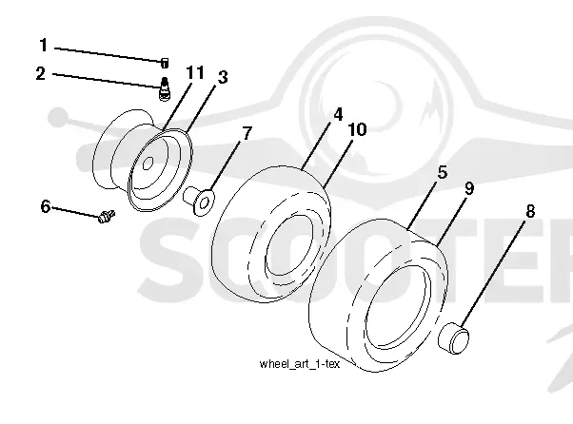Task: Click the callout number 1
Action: [44, 46]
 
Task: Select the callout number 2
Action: [41, 73]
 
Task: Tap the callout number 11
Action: [195, 72]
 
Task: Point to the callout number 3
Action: [223, 77]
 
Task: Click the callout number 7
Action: [247, 133]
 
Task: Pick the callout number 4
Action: [338, 114]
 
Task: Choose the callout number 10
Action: [357, 129]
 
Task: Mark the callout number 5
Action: [443, 172]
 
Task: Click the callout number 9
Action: [469, 188]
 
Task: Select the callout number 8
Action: [530, 211]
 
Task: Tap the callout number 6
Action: [46, 206]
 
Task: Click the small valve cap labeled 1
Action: [165, 63]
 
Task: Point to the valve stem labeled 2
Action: [165, 88]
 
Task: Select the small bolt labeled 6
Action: [107, 216]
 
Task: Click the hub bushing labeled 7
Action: [199, 201]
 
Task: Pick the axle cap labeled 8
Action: [453, 338]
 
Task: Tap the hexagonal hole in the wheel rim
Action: [148, 163]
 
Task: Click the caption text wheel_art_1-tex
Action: [300, 364]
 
